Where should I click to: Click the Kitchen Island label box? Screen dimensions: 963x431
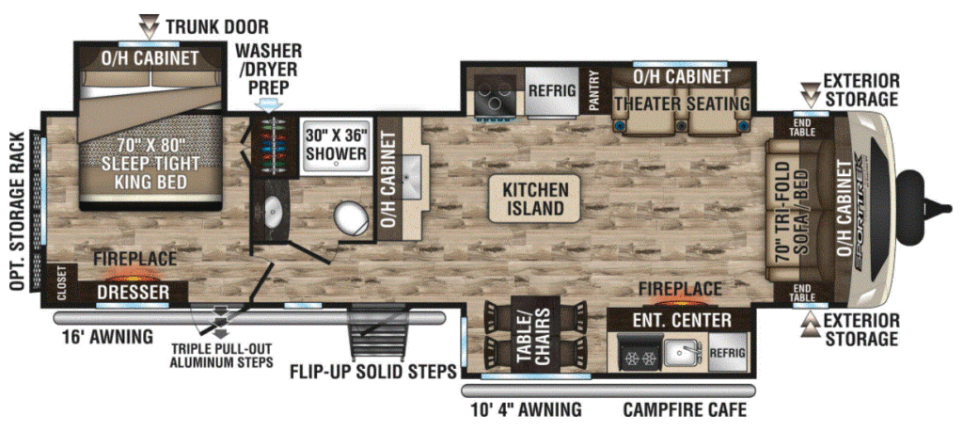[533, 199]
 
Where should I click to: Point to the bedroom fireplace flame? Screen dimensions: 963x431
[134, 274]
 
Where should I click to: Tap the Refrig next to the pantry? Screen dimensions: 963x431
[552, 91]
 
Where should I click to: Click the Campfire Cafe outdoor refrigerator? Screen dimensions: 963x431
[729, 352]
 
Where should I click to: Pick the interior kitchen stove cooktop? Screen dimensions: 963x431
[495, 92]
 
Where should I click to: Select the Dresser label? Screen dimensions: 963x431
[133, 292]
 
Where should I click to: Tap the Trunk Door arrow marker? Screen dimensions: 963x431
[150, 26]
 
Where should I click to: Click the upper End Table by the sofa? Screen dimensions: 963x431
[803, 127]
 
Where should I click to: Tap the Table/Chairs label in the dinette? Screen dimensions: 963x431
[534, 335]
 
